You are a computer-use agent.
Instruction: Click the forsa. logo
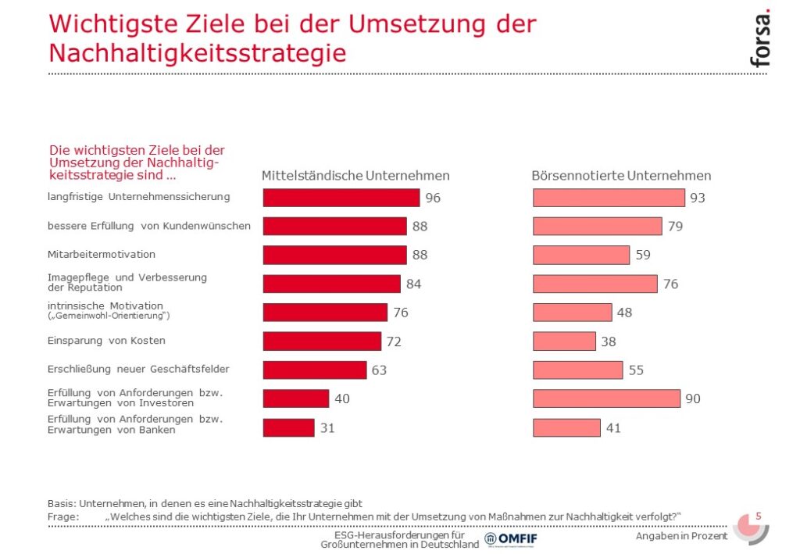point(759,38)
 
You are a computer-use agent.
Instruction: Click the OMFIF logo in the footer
point(511,538)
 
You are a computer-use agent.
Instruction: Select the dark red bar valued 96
point(341,198)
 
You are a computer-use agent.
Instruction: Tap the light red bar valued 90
point(606,399)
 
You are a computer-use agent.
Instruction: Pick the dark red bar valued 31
point(289,427)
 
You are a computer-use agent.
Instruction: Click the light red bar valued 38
point(564,341)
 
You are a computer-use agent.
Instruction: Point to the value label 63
point(379,370)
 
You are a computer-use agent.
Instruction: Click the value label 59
point(643,255)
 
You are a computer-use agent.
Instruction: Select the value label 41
point(613,428)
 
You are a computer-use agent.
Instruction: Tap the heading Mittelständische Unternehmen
point(355,176)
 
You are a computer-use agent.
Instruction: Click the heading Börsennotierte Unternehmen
point(621,176)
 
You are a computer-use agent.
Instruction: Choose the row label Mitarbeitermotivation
point(102,254)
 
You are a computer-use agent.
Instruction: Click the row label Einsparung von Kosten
point(106,340)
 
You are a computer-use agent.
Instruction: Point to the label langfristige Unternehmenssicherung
point(139,197)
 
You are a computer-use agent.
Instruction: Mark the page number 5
point(759,516)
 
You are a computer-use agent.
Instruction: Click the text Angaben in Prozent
point(681,535)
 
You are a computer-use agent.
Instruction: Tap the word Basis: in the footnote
point(62,503)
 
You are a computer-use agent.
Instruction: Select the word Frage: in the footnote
point(63,516)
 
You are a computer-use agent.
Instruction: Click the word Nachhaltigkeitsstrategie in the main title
point(198,52)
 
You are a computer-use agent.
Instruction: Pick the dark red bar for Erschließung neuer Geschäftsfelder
point(315,370)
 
